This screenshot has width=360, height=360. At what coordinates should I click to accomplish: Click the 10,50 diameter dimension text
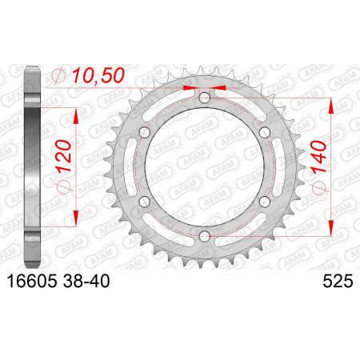pyautogui.click(x=98, y=75)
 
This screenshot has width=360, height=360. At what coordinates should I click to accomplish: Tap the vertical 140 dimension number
pyautogui.click(x=318, y=157)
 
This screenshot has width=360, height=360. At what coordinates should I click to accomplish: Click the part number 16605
pyautogui.click(x=32, y=281)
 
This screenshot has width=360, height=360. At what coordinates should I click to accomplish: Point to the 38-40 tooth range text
pyautogui.click(x=86, y=281)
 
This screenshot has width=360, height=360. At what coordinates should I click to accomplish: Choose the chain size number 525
pyautogui.click(x=338, y=281)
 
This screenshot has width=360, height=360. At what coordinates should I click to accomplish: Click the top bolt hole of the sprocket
pyautogui.click(x=205, y=98)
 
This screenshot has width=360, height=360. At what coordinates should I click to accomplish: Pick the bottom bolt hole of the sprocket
pyautogui.click(x=205, y=235)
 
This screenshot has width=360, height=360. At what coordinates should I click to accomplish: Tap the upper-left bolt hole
pyautogui.click(x=145, y=132)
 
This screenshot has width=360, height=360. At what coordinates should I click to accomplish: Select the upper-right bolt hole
pyautogui.click(x=265, y=132)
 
